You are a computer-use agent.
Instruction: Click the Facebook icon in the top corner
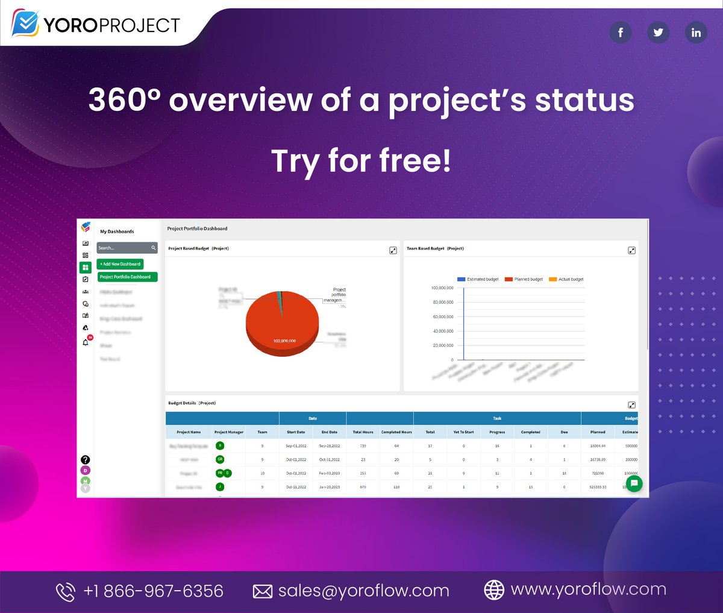pyautogui.click(x=620, y=32)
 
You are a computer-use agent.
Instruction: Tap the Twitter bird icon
pyautogui.click(x=658, y=32)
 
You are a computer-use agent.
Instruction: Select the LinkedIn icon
pyautogui.click(x=696, y=32)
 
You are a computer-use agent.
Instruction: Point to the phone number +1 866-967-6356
pyautogui.click(x=153, y=591)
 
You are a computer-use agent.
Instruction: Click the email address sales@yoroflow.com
pyautogui.click(x=363, y=591)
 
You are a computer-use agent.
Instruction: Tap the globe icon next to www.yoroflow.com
pyautogui.click(x=494, y=590)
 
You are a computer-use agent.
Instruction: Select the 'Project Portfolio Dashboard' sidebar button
pyautogui.click(x=127, y=277)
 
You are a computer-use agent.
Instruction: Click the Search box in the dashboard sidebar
pyautogui.click(x=124, y=248)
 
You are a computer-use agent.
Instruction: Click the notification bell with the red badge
pyautogui.click(x=86, y=342)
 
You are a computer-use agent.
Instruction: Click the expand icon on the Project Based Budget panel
pyautogui.click(x=393, y=250)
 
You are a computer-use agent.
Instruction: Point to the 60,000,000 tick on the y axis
pyautogui.click(x=443, y=316)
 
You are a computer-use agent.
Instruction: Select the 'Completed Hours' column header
pyautogui.click(x=396, y=432)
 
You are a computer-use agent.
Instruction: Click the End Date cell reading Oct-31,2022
pyautogui.click(x=330, y=459)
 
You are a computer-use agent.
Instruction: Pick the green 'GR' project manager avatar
pyautogui.click(x=220, y=459)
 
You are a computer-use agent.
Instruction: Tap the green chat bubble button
pyautogui.click(x=634, y=483)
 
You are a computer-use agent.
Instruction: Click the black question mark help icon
pyautogui.click(x=86, y=460)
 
